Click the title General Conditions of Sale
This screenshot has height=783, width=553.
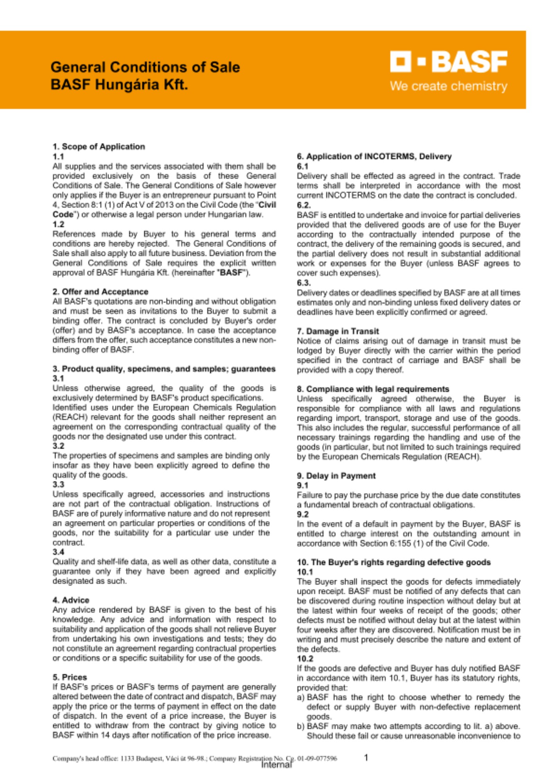pos(145,67)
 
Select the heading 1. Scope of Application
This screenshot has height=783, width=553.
pos(99,147)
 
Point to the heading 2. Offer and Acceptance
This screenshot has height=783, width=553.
pos(100,292)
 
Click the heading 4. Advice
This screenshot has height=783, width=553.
pos(71,600)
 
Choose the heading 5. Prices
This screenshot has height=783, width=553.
pos(70,677)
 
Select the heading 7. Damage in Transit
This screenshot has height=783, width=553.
pos(338,331)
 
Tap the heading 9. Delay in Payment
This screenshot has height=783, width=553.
pos(336,476)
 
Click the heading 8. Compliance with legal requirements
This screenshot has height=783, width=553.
pos(373,389)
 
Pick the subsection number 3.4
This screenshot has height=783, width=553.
pos(58,552)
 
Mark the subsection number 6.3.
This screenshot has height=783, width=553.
pos(303,283)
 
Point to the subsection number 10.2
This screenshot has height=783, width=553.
pos(305,659)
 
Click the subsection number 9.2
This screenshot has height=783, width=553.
pos(303,514)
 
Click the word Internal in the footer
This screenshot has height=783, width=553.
pos(276,765)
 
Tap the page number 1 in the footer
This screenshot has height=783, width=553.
pos(366,758)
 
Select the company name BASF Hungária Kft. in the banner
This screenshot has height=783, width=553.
pos(119,85)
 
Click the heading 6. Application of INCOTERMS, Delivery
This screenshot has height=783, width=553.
pos(374,157)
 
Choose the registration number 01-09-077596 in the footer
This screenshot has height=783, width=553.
pos(317,758)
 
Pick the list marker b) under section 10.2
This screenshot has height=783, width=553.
pos(301,726)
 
